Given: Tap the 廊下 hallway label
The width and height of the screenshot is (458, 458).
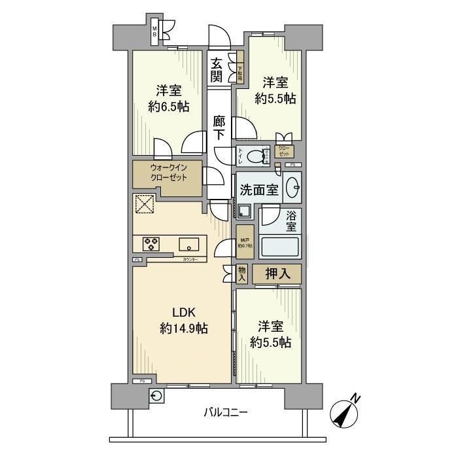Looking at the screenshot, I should point(219,127).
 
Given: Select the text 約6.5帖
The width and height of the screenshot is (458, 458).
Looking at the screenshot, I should point(169,106).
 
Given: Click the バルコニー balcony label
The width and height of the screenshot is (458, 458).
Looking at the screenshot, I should point(224,413).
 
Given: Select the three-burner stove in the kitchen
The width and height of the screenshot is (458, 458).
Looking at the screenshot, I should point(152,245).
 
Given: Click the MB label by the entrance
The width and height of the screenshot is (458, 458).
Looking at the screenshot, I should point(155,31).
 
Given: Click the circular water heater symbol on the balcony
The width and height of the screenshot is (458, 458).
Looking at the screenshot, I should point(158,396).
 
